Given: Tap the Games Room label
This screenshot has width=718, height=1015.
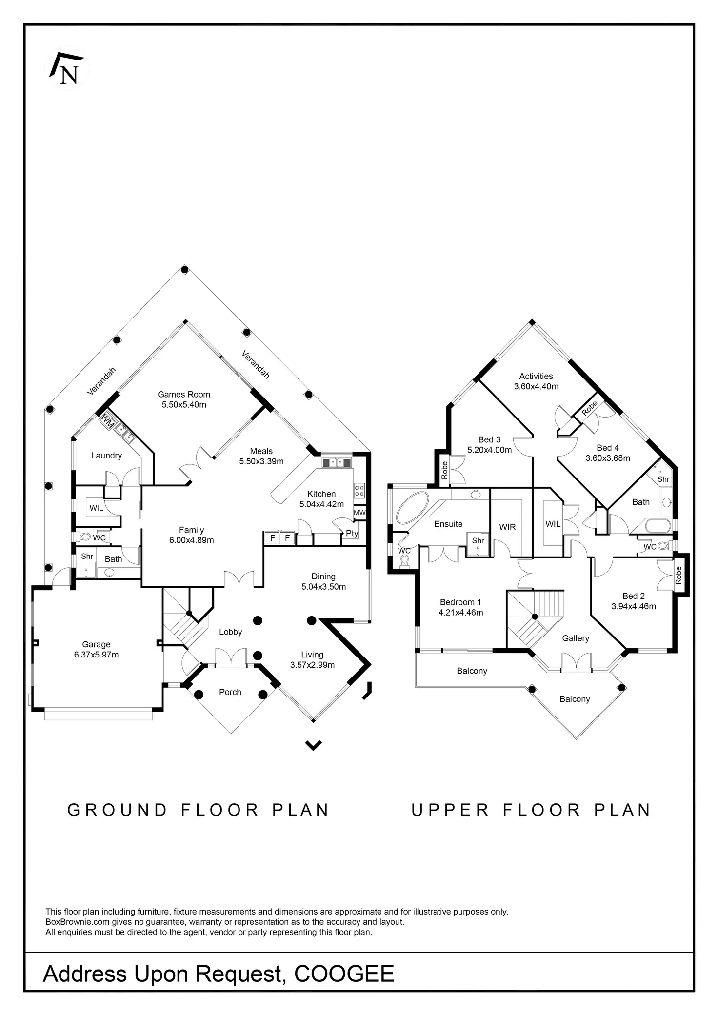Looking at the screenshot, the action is pos(184,394).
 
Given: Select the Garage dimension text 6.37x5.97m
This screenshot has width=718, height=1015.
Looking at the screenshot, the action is pos(96,655).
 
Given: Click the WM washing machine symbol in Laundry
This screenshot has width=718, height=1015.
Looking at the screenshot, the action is pos(107,421).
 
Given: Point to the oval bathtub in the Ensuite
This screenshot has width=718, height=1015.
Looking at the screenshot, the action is pos(412,508).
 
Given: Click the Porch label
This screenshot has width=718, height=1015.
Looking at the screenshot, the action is pos(230,692).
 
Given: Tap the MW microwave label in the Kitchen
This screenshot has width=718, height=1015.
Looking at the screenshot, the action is pos(359,513).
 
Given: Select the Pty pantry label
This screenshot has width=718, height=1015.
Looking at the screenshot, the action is pos(352,533).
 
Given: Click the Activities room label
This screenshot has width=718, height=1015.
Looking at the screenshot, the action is pos(536,376).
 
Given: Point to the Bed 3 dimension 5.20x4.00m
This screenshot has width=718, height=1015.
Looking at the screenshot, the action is pos(489,450).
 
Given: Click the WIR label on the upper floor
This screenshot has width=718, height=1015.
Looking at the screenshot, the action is pos(507,527).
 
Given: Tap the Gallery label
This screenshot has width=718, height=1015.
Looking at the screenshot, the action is pos(576,638).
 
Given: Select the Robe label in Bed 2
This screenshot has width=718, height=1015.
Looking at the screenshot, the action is pos(678,576).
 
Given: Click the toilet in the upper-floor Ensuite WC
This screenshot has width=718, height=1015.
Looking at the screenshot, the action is pos(404,562).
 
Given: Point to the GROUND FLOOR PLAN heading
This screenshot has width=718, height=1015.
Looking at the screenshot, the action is pos(198,810).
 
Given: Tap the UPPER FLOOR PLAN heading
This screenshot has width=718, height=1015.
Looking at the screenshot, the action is pos(531,810).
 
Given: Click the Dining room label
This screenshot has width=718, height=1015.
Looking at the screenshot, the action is pos(323,577).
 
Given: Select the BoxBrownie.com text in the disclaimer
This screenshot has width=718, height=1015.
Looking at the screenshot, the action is pos(78,922).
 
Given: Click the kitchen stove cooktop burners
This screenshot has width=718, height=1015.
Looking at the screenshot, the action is pos(359,491).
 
